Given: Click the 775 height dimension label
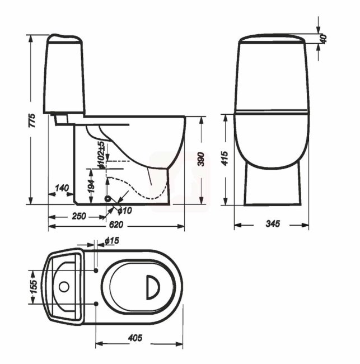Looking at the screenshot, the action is click(32, 120).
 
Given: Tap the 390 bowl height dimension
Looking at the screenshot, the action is click(201, 159).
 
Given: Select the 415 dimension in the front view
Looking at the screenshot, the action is click(225, 158).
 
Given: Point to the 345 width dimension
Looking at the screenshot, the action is click(273, 224).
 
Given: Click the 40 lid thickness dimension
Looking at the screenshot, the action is click(323, 39).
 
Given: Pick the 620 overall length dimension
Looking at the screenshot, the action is click(116, 225).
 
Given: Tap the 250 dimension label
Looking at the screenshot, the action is click(79, 216).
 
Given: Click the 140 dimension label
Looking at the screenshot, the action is click(62, 188).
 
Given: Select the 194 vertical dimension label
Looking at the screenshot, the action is click(91, 186).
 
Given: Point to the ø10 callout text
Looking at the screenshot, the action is click(125, 211).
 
